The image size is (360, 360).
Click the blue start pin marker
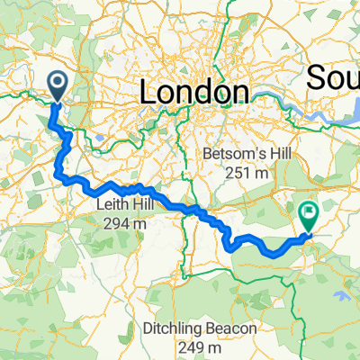click(x=56, y=87)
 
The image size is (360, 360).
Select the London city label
click(x=193, y=93)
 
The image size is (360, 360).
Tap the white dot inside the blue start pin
click(x=56, y=85)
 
